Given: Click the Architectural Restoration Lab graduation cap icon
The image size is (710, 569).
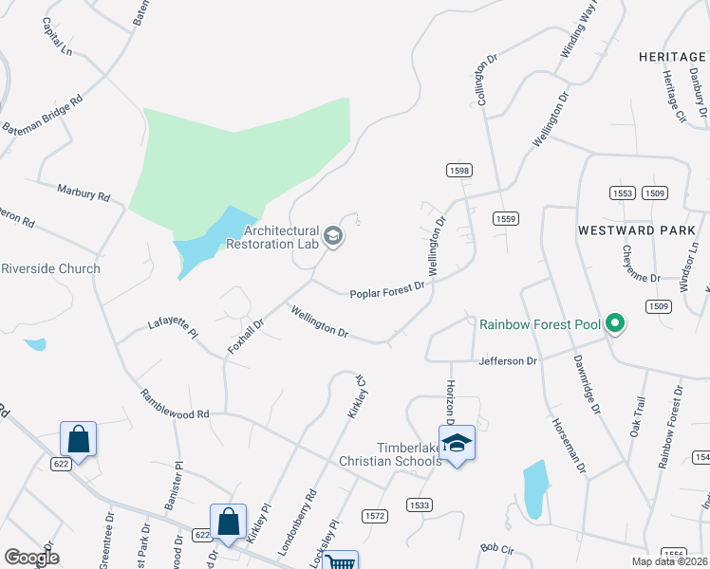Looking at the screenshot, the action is pyautogui.click(x=332, y=235).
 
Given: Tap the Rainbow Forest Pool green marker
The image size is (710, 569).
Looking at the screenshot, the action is pyautogui.click(x=614, y=324).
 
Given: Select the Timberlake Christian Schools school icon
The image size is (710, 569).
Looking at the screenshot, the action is pyautogui.click(x=457, y=444).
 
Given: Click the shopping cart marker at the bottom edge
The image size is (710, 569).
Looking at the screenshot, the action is pyautogui.click(x=340, y=561).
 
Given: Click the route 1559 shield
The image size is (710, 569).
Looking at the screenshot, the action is pyautogui.click(x=505, y=219).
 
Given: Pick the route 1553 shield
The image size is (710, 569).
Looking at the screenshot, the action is pyautogui.click(x=623, y=193).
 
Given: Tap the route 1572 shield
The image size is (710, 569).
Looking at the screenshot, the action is pyautogui.click(x=375, y=515).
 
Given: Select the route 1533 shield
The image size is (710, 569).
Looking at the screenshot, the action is pyautogui.click(x=419, y=505).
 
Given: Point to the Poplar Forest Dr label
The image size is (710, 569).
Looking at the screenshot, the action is pyautogui.click(x=387, y=293).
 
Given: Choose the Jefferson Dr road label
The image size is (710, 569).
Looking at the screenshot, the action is pyautogui.click(x=508, y=361).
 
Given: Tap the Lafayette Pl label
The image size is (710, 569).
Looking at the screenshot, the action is pyautogui.click(x=172, y=328).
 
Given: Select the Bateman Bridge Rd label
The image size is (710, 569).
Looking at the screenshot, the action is pyautogui.click(x=43, y=113).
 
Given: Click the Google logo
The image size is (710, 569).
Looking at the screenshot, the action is pyautogui.click(x=30, y=558).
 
